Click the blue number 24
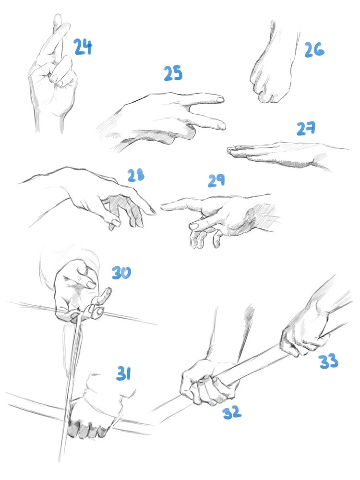point(83,47)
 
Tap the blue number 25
point(173,73)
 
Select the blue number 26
point(314,50)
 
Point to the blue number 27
point(306,129)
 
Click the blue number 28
point(136,175)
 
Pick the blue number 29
point(216,180)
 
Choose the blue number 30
point(121,273)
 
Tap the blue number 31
point(124,373)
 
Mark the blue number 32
point(232,412)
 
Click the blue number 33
point(328,361)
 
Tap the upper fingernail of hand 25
point(220,99)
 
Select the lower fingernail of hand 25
point(221,125)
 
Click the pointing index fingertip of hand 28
point(153,211)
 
